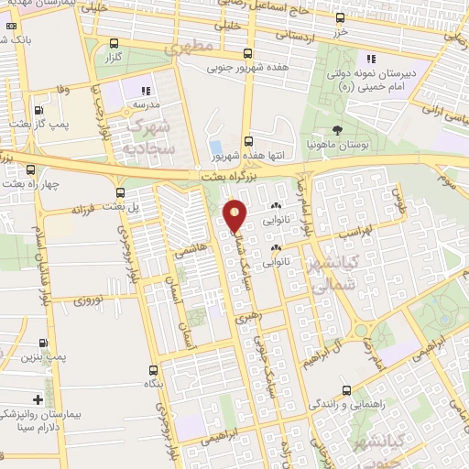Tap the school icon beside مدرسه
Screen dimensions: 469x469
[x=146, y=91]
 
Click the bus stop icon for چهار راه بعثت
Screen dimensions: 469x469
[x=32, y=169]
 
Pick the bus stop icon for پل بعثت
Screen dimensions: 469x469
[x=121, y=191]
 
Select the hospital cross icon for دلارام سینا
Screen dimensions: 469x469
[x=37, y=399]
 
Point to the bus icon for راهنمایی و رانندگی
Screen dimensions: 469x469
[x=345, y=387]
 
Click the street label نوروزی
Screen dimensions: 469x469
[x=89, y=299]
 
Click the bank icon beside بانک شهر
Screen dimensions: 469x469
[x=8, y=41]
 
